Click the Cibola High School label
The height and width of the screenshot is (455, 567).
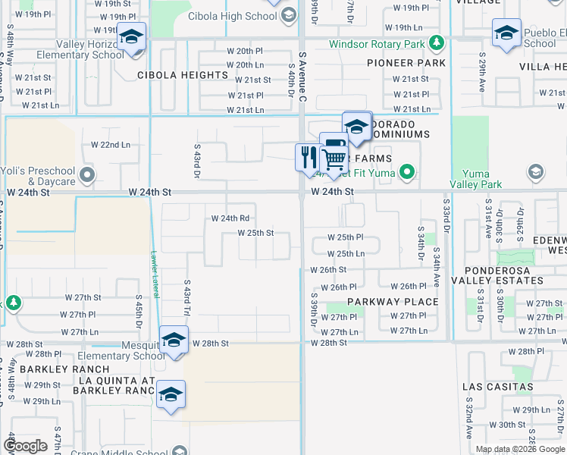(241, 16)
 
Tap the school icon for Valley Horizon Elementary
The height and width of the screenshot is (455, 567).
(131, 36)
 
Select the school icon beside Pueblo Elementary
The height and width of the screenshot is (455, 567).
(506, 33)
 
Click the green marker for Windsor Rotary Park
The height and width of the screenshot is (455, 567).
(436, 43)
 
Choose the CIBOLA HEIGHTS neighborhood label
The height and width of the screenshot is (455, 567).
(183, 75)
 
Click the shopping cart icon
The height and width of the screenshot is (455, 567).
(334, 159)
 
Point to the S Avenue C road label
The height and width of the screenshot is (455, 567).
(302, 74)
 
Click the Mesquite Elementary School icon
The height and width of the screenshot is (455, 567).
(174, 340)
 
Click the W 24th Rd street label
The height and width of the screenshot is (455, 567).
(230, 218)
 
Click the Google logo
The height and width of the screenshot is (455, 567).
(26, 446)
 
